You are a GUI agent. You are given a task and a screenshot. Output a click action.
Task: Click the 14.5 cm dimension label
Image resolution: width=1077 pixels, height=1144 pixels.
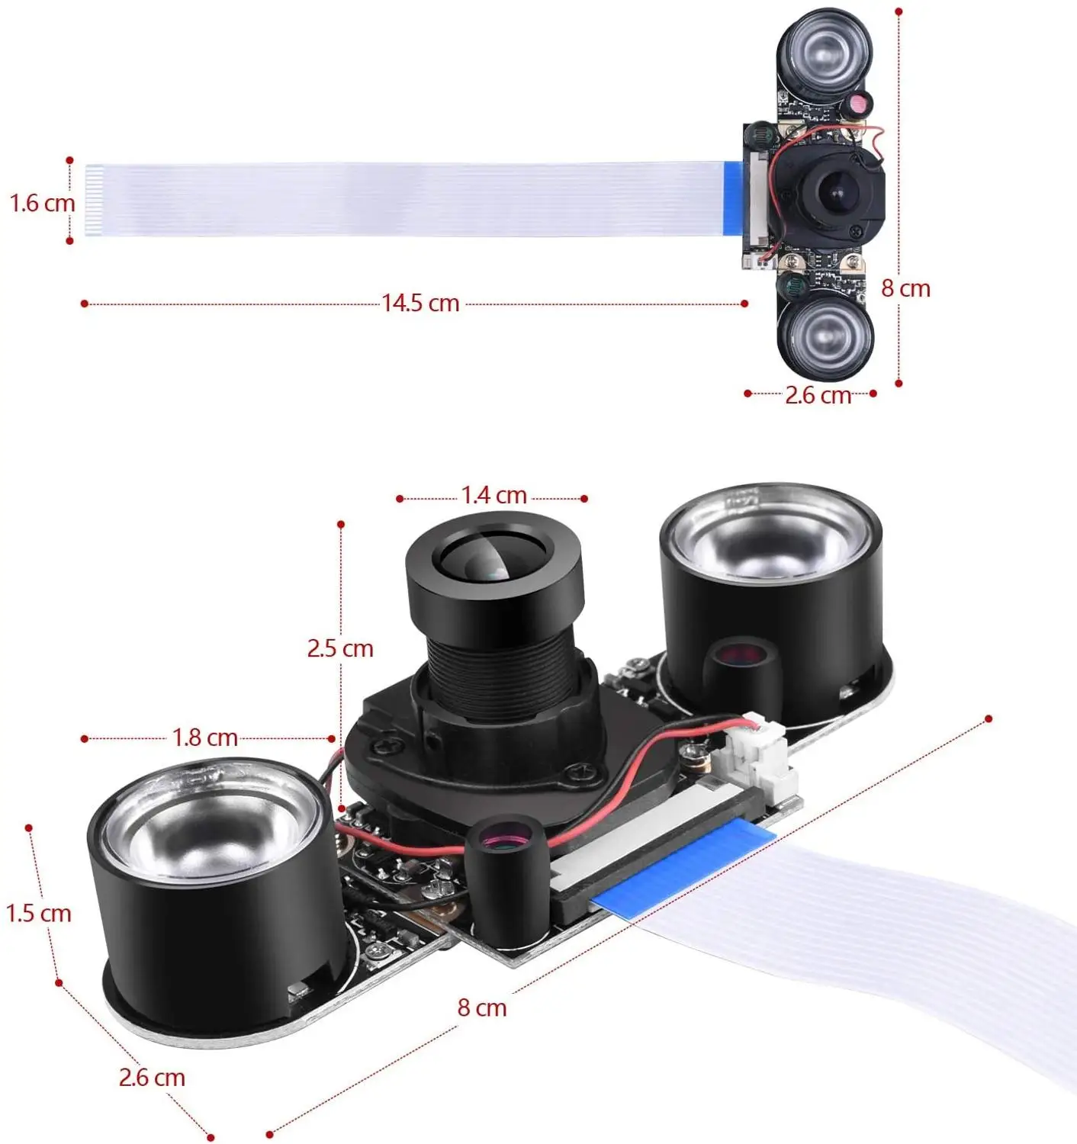pyautogui.click(x=420, y=303)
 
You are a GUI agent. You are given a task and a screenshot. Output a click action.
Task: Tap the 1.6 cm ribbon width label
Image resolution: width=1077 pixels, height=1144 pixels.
pyautogui.click(x=42, y=204)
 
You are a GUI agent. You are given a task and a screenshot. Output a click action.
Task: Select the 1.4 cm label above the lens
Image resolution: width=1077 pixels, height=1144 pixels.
pyautogui.click(x=493, y=496)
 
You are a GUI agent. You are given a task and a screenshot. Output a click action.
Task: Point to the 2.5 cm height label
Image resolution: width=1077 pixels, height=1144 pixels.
pyautogui.click(x=340, y=648)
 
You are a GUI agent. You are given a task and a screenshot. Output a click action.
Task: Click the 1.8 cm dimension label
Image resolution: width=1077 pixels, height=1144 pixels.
pyautogui.click(x=204, y=737)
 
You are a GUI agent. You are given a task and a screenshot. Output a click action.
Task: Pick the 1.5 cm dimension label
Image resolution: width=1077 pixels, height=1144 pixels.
pyautogui.click(x=38, y=913)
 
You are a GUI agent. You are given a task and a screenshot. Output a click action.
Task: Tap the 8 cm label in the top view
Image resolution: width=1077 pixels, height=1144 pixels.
pyautogui.click(x=905, y=288)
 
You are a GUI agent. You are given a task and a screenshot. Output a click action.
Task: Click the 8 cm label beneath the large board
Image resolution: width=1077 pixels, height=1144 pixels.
pyautogui.click(x=481, y=1007)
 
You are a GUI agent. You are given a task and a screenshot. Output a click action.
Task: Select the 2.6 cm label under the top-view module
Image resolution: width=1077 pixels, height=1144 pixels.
pyautogui.click(x=817, y=395)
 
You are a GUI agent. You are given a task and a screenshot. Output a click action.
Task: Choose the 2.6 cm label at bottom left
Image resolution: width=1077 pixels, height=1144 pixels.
pyautogui.click(x=152, y=1077)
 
